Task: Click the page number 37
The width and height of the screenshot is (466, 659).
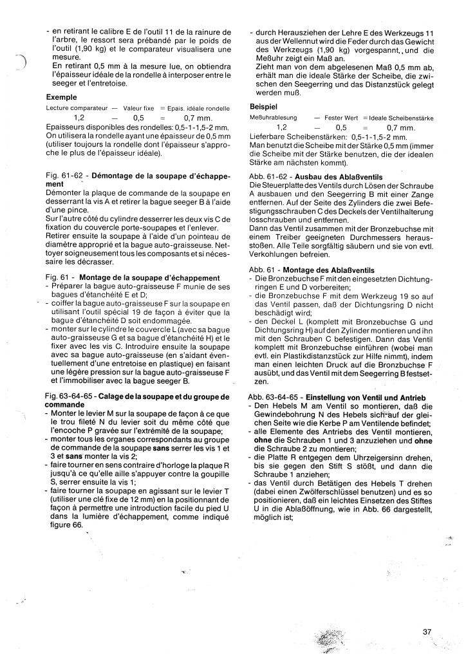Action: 427,631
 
